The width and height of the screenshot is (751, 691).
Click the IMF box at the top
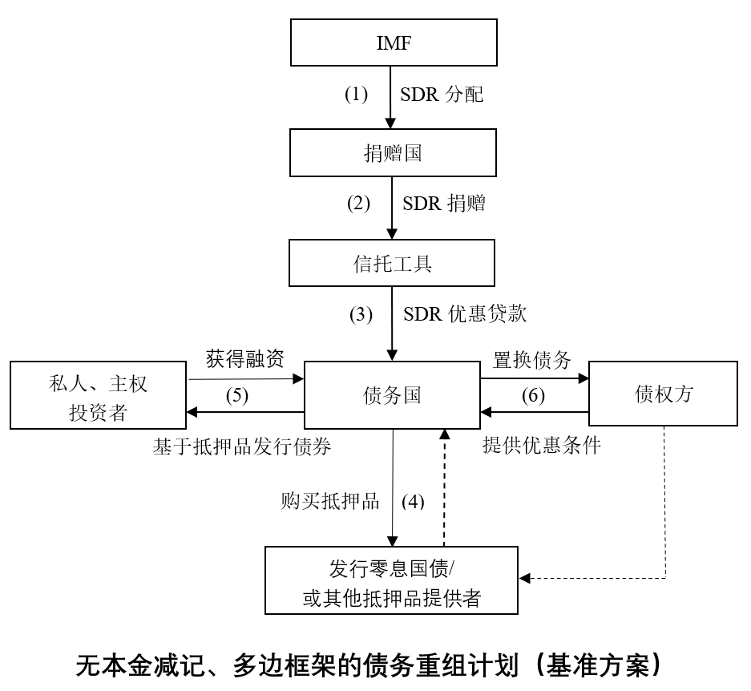(x=393, y=44)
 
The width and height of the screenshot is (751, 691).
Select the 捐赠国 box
(x=393, y=153)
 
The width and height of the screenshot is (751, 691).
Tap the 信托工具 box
(x=393, y=264)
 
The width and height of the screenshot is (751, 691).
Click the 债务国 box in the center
(x=393, y=394)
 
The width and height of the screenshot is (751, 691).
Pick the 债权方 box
(x=663, y=394)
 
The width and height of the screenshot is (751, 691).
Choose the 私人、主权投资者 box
(x=98, y=394)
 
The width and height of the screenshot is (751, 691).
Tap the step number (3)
(x=361, y=314)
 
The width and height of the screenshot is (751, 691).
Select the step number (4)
(x=413, y=503)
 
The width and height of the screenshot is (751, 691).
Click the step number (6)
(x=534, y=396)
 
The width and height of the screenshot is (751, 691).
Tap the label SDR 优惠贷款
(x=465, y=314)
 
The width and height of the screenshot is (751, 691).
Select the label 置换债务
(x=532, y=360)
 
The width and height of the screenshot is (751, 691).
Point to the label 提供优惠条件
(x=541, y=447)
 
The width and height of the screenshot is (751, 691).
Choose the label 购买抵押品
(x=330, y=503)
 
